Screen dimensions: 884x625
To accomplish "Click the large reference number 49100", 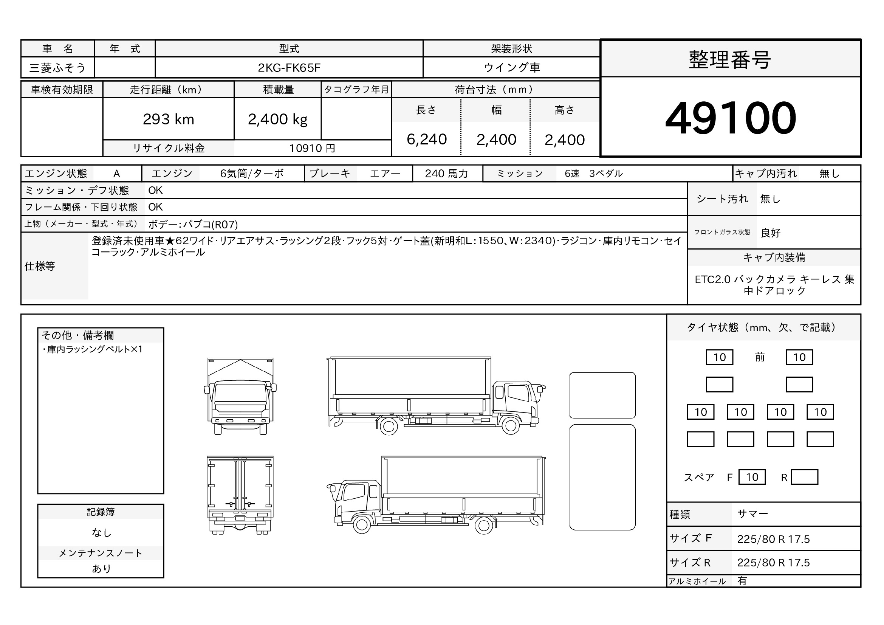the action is tap(731, 118).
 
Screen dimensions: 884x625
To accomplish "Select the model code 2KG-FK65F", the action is tap(289, 68).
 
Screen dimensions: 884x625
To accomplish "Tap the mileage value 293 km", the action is tap(168, 119).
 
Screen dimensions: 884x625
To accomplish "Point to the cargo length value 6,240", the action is tap(427, 140).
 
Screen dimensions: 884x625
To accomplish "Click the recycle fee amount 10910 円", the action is tap(312, 148).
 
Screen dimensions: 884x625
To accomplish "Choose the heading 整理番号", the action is tap(730, 60).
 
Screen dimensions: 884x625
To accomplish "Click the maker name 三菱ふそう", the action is tap(57, 68).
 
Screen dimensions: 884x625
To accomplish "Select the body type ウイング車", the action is tap(512, 67).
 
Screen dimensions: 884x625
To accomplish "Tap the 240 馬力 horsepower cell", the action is tap(447, 174).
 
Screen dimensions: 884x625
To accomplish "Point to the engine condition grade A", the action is tap(117, 174).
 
